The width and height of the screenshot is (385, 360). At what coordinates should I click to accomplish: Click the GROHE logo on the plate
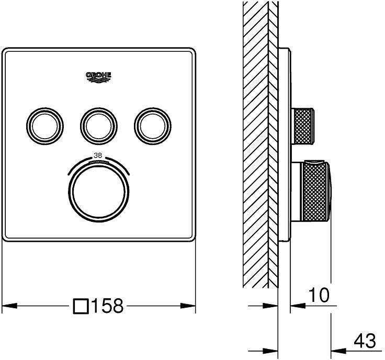[x=99, y=77]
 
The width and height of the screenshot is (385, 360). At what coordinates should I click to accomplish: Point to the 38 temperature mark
[x=98, y=155]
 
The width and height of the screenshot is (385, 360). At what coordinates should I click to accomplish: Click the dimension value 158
[x=107, y=306]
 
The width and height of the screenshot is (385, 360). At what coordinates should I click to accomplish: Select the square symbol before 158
[x=81, y=306]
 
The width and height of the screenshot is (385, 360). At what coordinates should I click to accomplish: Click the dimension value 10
[x=319, y=296]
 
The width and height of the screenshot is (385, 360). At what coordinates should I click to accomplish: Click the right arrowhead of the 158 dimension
[x=191, y=306]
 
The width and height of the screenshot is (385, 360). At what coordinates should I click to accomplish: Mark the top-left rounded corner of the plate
[x=6, y=52]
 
